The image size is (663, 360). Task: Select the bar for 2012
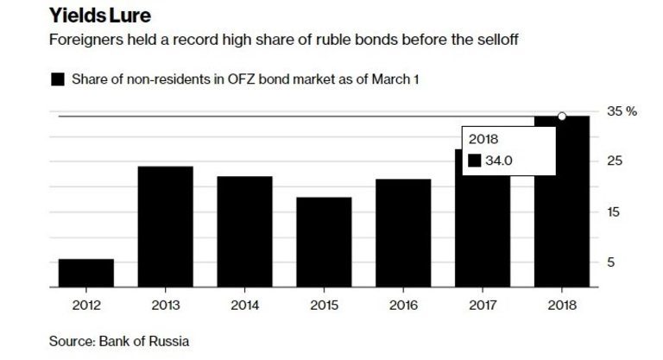point(85,272)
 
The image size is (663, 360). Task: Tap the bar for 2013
point(165,225)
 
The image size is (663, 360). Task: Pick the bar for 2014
point(244,231)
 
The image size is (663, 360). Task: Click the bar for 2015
point(324,241)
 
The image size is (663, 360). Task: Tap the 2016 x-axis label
point(403,304)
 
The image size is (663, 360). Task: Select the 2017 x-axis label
point(483,304)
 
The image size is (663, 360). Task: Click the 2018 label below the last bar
point(562,304)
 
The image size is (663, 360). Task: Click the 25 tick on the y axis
point(614,161)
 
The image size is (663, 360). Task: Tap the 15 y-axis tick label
point(614,212)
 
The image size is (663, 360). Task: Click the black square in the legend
point(58,80)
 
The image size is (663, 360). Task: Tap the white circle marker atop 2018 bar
point(562,116)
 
